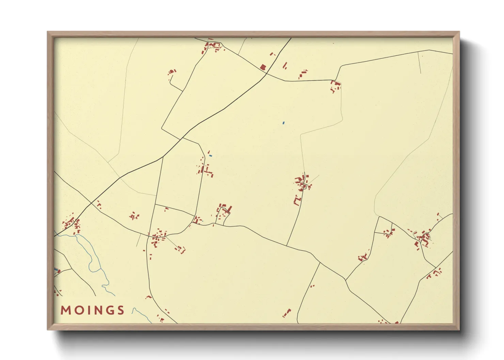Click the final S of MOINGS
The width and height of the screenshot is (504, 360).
click(x=120, y=310)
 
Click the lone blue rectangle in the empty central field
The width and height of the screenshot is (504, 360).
click(x=283, y=122)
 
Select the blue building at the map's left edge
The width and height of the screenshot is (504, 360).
click(x=56, y=269)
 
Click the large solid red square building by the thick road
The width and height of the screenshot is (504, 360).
click(x=263, y=67)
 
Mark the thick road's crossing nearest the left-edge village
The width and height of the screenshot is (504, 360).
click(x=91, y=203)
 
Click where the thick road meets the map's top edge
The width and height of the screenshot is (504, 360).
click(x=291, y=38)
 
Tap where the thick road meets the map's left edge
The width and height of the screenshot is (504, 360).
click(x=54, y=236)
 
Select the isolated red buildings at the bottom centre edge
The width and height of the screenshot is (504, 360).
click(x=286, y=313)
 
